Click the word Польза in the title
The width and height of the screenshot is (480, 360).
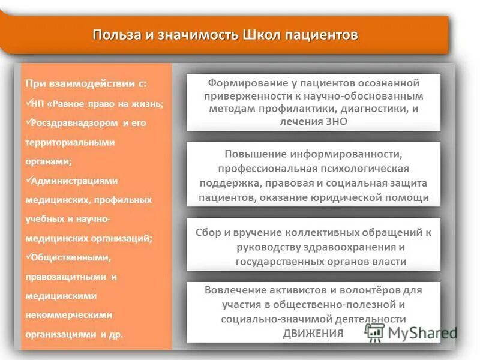[115, 34]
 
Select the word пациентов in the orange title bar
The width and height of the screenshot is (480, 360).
[322, 34]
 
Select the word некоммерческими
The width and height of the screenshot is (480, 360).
[68, 314]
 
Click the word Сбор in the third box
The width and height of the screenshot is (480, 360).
[209, 233]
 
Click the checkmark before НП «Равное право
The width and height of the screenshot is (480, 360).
[28, 103]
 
